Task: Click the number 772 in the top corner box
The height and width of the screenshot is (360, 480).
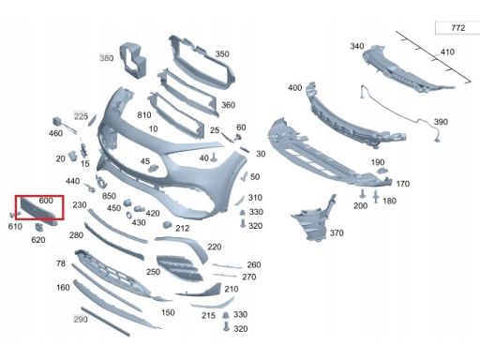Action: tap(457, 28)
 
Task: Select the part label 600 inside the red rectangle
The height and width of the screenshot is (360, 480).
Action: tap(46, 201)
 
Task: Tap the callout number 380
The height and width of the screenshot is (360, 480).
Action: tap(106, 58)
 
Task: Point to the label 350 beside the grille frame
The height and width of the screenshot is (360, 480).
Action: tap(222, 53)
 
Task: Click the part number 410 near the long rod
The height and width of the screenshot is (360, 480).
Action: tap(447, 52)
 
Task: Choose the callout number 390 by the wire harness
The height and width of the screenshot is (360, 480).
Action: tap(441, 122)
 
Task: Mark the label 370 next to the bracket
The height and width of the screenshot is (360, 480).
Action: tap(337, 232)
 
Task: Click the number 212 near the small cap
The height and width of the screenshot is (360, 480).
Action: tap(183, 228)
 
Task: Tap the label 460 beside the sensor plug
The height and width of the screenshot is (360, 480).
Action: tap(55, 133)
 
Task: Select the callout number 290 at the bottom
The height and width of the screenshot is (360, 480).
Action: tap(81, 319)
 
